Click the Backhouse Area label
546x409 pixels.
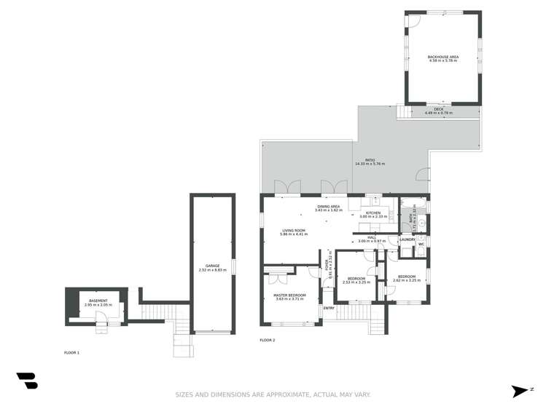tap(442, 57)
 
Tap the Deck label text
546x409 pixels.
tap(438, 109)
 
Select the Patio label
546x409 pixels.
tap(370, 160)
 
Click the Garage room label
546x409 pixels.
tap(212, 266)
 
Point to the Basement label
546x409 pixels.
tap(98, 301)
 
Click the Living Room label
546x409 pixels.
tap(295, 231)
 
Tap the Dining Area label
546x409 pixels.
tap(328, 207)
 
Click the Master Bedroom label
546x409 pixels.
tap(289, 294)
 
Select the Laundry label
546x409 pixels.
tap(407, 239)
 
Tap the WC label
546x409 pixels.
tap(421, 244)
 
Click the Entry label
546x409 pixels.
tap(329, 308)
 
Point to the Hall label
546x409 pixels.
tap(371, 237)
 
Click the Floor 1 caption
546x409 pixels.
tap(71, 352)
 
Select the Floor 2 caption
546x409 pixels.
tap(268, 340)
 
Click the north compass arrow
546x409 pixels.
tap(520, 391)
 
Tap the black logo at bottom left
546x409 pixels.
tap(27, 380)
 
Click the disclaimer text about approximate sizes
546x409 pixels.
tap(273, 394)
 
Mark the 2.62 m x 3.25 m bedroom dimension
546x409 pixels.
tap(405, 280)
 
